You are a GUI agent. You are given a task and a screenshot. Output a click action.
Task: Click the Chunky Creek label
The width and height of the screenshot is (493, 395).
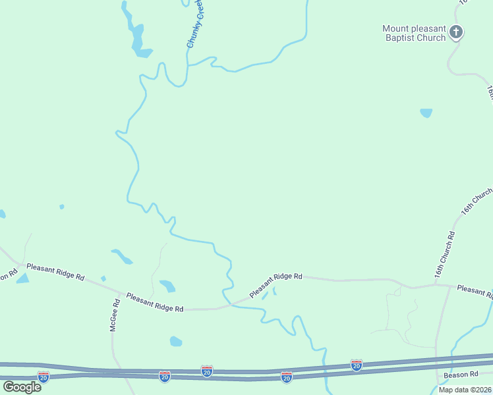[x=194, y=24]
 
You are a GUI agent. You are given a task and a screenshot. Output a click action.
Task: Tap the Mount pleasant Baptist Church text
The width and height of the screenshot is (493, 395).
[x=414, y=33]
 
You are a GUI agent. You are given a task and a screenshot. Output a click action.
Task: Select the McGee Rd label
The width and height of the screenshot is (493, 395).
[x=115, y=315]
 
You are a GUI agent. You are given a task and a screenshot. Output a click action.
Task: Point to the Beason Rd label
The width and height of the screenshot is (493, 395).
[x=460, y=374]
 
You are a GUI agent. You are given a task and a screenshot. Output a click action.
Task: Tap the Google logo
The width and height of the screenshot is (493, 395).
[x=22, y=386]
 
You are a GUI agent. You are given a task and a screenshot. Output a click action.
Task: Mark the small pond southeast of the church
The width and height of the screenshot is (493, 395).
[x=426, y=113]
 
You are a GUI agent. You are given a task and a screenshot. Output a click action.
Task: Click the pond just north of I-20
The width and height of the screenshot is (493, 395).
[x=175, y=341]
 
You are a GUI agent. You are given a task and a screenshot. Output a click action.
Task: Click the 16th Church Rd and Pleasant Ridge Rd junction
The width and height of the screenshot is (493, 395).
[x=436, y=285]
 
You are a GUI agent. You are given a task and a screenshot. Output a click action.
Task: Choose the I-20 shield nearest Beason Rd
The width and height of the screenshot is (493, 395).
[x=357, y=365]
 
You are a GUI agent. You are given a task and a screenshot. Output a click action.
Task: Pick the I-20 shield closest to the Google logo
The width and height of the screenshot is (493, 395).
[x=43, y=377]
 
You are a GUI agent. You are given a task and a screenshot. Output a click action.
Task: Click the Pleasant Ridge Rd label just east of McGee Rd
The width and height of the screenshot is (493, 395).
[x=154, y=302]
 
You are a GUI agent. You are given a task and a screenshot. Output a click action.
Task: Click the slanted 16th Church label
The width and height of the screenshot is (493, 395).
[x=477, y=201]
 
